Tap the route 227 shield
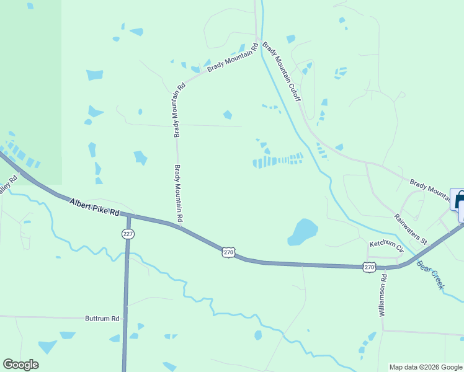coord(127,234)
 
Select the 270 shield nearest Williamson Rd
coord(369,267)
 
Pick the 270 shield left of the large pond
coord(229,252)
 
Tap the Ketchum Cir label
coord(386,246)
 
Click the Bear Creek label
coord(431,275)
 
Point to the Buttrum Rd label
coord(102,318)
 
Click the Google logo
coord(20,365)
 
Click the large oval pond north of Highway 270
coord(303,231)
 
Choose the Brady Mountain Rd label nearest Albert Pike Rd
coord(179,193)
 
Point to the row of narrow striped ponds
coord(277,161)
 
